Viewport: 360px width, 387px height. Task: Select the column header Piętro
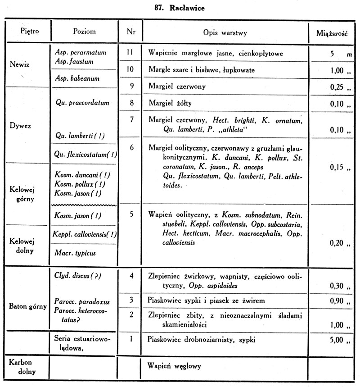(x=29, y=32)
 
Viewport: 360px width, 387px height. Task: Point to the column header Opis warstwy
(x=222, y=32)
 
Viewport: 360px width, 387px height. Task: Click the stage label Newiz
(x=19, y=64)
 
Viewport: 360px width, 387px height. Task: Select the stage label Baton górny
(x=28, y=307)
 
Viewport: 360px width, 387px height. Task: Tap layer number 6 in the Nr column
(x=130, y=147)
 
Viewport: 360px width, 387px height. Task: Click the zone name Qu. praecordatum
(x=83, y=103)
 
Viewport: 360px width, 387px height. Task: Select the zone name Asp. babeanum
(x=77, y=78)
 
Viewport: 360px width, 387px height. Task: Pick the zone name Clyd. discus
(x=77, y=276)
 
